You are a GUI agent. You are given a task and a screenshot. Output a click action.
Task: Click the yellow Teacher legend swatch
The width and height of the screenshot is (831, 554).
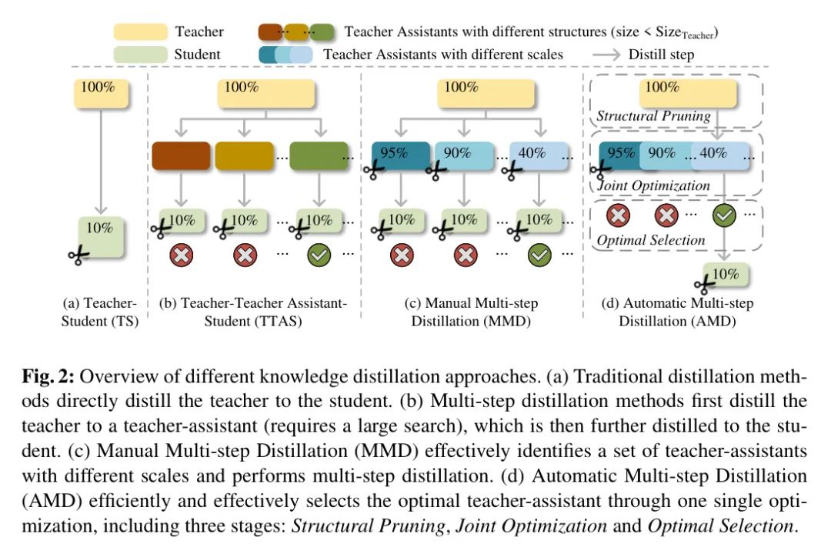[141, 32]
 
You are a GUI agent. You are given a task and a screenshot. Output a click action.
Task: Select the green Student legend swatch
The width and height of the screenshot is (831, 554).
[141, 55]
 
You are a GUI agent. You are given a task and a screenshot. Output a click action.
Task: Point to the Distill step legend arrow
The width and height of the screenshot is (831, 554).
[606, 55]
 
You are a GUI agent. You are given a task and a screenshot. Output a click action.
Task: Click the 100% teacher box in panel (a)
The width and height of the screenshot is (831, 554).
[102, 94]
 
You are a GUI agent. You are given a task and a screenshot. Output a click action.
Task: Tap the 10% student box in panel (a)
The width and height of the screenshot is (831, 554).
[102, 237]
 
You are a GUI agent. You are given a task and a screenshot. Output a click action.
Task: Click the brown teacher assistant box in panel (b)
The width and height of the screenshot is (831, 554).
[181, 156]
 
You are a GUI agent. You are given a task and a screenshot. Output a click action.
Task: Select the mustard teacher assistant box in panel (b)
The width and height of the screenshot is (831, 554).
[245, 156]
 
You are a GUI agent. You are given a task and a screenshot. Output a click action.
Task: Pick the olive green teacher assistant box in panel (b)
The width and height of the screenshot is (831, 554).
[319, 156]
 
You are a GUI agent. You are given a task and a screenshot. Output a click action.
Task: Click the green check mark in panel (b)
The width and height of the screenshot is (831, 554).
[319, 255]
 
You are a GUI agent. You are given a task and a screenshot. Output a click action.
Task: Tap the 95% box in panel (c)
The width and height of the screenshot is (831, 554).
[401, 156]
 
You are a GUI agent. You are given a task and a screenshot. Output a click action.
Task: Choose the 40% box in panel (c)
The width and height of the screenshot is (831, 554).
[539, 156]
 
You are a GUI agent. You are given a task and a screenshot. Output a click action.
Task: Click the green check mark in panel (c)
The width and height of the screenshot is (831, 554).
[539, 255]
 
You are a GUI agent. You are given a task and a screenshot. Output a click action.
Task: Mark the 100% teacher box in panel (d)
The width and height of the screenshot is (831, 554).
[688, 93]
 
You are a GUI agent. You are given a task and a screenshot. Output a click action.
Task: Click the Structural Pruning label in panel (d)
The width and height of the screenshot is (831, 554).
[653, 116]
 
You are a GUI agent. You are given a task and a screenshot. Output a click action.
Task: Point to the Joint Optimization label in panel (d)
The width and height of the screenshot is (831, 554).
[653, 185]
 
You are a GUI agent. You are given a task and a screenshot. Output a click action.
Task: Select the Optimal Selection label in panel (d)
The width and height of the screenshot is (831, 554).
[651, 240]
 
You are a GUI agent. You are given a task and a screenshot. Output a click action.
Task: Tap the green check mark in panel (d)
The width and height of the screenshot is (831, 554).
[724, 215]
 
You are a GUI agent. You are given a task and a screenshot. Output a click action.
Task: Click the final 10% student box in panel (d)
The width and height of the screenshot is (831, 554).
[726, 275]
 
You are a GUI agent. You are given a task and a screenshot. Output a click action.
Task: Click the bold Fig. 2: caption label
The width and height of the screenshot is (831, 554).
[48, 376]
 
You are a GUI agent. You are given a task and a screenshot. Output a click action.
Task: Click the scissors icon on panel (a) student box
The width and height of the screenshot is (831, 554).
[79, 255]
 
